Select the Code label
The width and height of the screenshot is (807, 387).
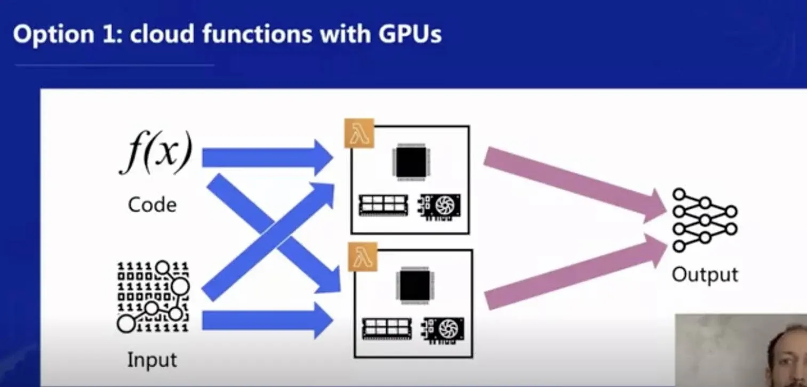pos(152,205)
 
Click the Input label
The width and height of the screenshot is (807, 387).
pos(152,360)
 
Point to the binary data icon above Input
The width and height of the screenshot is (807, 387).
pos(153,296)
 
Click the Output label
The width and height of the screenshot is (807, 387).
pos(705,275)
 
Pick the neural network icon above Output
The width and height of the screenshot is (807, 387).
pos(704,220)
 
